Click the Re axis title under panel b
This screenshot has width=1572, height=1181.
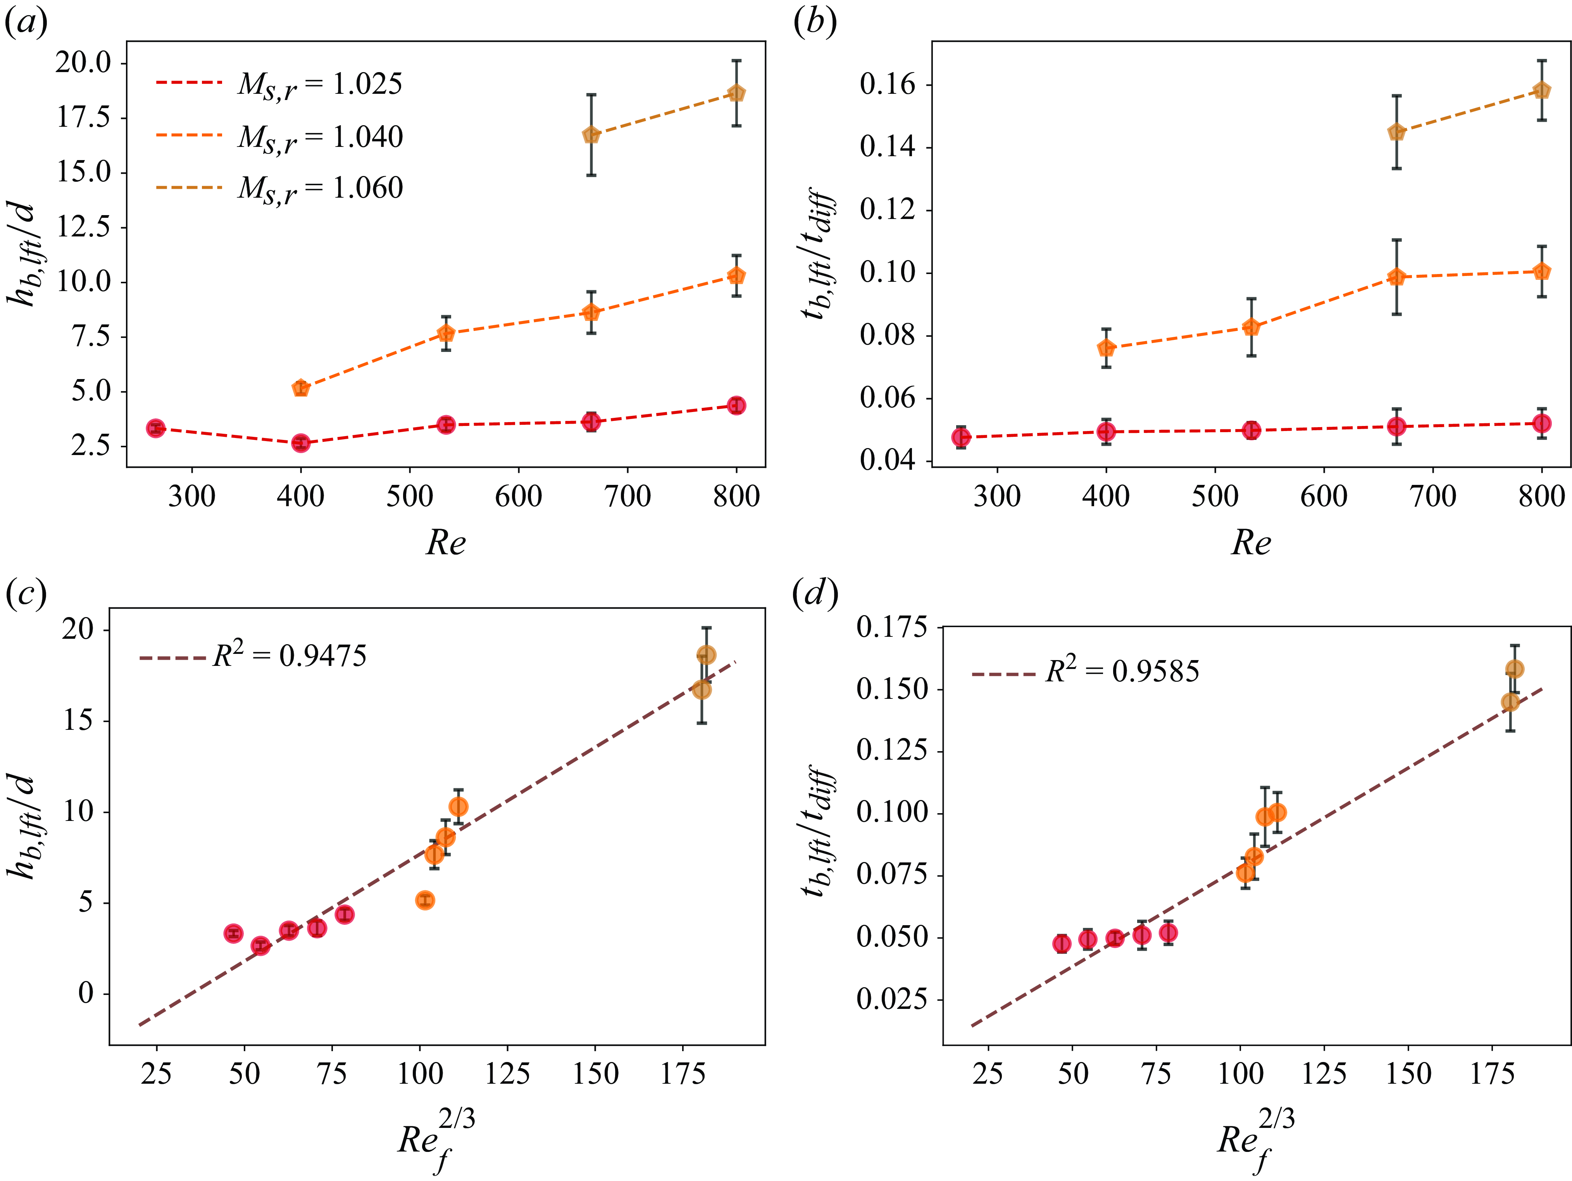pos(1251,543)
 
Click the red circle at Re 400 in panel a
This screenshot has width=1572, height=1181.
pos(301,443)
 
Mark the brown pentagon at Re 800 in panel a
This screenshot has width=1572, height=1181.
pos(736,93)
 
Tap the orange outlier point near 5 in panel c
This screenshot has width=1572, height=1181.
pos(425,900)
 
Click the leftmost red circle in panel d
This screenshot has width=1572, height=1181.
pos(1062,944)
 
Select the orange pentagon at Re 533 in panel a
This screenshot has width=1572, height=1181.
pos(446,333)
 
